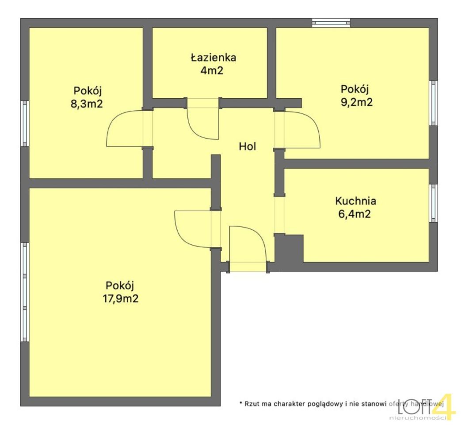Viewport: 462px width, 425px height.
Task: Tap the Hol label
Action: click(248, 147)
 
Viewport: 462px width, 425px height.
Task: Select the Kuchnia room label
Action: click(355, 201)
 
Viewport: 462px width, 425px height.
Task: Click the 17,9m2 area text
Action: click(120, 298)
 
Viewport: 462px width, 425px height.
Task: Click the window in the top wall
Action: click(331, 23)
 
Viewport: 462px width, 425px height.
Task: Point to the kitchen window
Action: click(434, 202)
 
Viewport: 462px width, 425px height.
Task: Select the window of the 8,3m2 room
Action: click(25, 123)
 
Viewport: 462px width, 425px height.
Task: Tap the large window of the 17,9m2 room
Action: click(25, 292)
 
